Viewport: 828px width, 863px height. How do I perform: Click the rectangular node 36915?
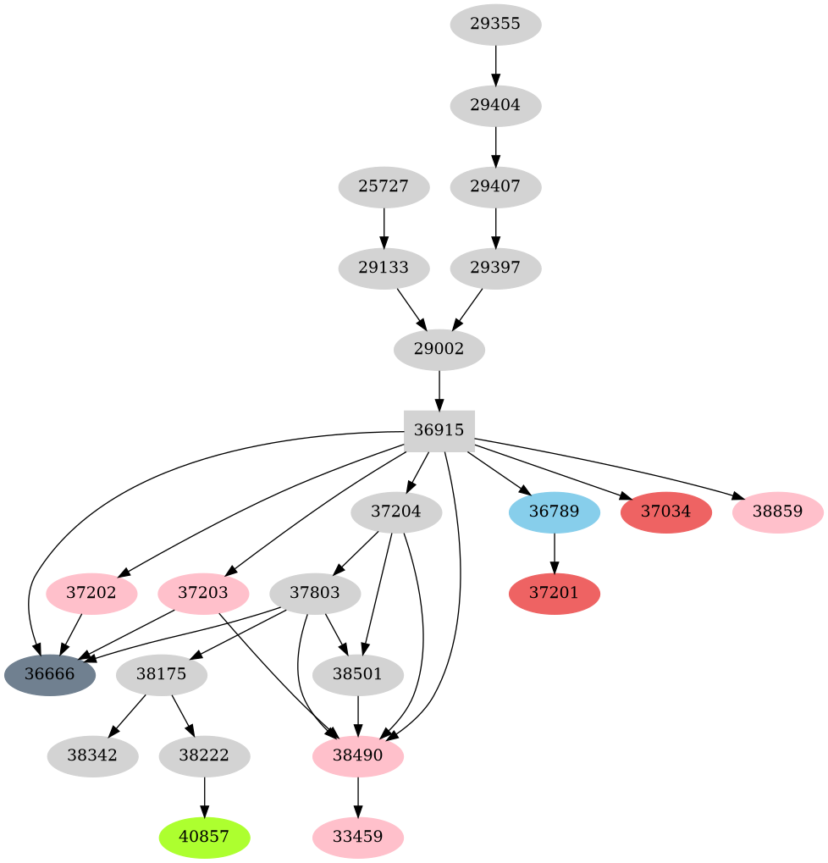(x=439, y=431)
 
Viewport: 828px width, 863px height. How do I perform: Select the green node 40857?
(x=204, y=837)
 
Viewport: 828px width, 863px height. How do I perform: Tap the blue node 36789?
(x=555, y=512)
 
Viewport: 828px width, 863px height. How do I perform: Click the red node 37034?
(x=666, y=512)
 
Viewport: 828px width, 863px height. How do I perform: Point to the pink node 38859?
(x=777, y=512)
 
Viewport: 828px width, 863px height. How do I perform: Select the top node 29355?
(x=495, y=24)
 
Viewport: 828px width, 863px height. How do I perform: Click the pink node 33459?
(x=358, y=837)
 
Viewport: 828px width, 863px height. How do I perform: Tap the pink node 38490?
(x=358, y=755)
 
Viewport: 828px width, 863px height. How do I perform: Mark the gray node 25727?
(x=384, y=186)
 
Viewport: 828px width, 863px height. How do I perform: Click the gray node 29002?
(x=439, y=349)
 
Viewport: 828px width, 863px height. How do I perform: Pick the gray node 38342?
(x=92, y=755)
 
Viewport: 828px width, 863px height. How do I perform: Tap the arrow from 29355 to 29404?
(x=495, y=64)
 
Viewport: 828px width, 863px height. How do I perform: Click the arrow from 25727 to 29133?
(x=384, y=227)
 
